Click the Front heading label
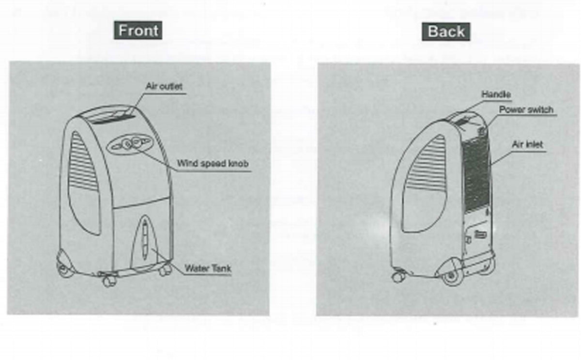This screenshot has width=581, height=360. [138, 31]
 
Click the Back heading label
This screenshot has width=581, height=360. [446, 31]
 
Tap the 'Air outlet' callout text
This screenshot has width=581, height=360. [164, 86]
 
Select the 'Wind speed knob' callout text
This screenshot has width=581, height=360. [213, 163]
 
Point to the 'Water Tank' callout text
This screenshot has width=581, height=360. [208, 268]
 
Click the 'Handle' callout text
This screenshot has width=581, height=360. [496, 94]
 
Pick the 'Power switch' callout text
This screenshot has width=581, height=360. [526, 110]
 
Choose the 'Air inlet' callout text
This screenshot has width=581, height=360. [527, 144]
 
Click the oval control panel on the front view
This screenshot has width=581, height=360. [130, 143]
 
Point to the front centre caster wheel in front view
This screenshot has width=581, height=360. [108, 281]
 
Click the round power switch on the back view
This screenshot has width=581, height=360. [481, 131]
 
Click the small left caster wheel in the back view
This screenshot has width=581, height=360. [398, 277]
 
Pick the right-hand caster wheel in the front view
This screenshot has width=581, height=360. [166, 270]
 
